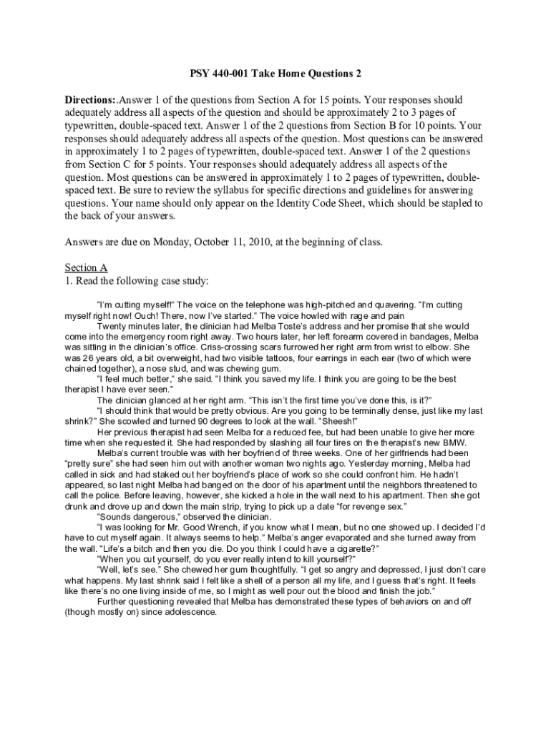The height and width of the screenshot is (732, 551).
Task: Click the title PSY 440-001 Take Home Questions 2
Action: [x=275, y=73]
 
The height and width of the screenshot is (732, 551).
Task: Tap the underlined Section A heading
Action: [x=86, y=268]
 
